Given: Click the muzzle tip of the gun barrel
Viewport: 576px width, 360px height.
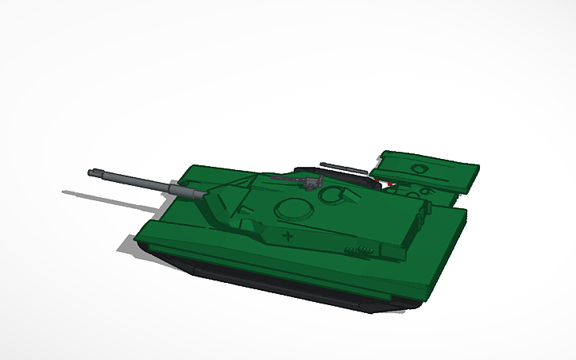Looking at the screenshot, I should pyautogui.click(x=92, y=172).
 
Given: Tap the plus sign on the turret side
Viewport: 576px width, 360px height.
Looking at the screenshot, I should pyautogui.click(x=288, y=236).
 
